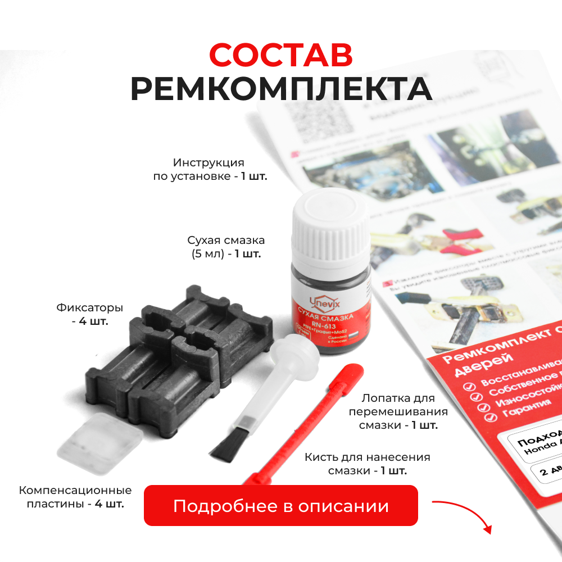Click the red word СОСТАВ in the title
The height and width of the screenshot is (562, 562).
point(281,55)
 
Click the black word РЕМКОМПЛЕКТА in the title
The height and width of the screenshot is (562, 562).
point(281,88)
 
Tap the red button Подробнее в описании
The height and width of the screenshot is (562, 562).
point(281,505)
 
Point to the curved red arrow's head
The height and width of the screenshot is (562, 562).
point(487,529)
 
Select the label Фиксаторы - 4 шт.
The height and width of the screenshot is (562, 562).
point(90,315)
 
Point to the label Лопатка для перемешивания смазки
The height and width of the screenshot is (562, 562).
point(398,411)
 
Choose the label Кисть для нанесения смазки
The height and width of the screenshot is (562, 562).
point(368,464)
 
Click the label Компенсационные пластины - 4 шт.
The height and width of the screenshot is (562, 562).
point(75,497)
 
